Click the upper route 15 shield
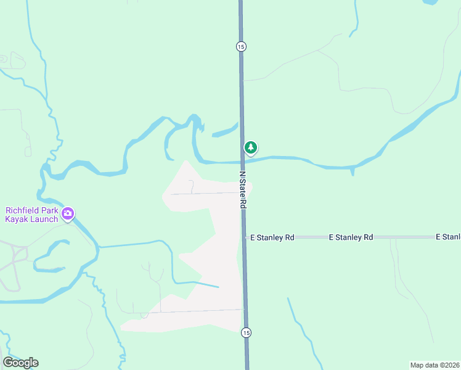(x=240, y=46)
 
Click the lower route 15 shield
(x=246, y=332)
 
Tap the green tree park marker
(x=250, y=147)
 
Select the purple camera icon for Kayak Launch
(x=68, y=215)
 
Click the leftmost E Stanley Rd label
(x=271, y=237)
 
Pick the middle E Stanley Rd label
(x=351, y=237)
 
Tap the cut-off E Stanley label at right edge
(x=448, y=237)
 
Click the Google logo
(x=20, y=363)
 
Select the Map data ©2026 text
(x=434, y=364)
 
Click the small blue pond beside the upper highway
(x=224, y=131)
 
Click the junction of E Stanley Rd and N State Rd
(x=245, y=237)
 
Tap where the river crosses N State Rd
(x=242, y=161)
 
